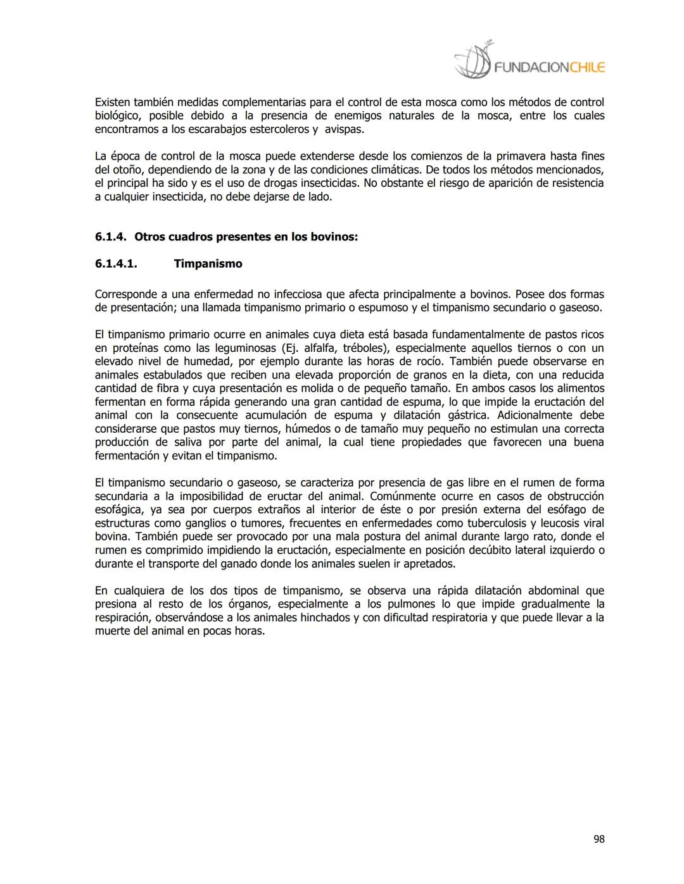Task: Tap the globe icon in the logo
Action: (472, 61)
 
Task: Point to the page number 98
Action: (598, 839)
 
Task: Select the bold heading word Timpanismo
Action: (208, 264)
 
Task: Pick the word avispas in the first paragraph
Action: (343, 129)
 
